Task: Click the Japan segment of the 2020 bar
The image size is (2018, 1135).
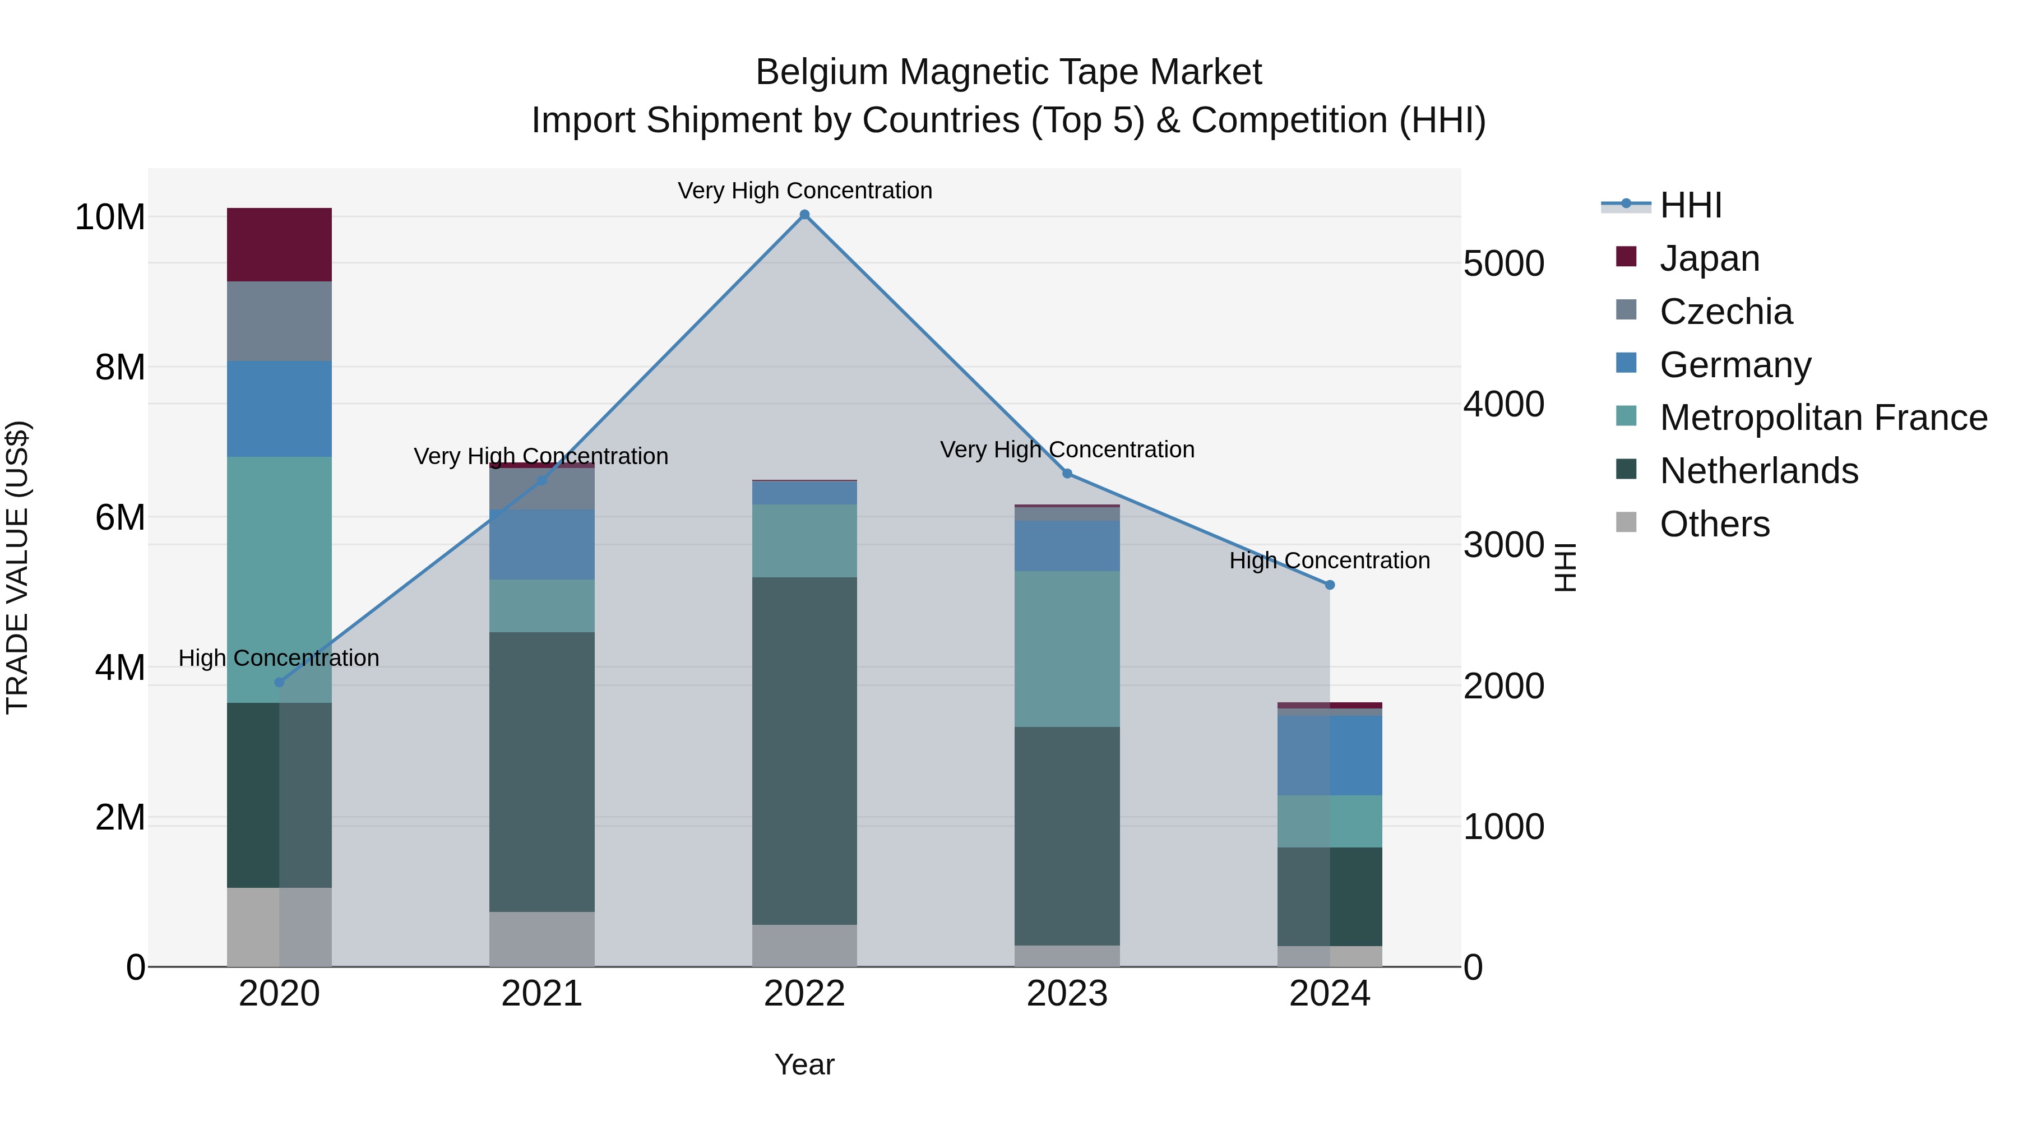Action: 279,244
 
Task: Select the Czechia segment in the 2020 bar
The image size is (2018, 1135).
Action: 279,321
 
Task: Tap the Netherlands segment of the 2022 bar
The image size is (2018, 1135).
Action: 804,751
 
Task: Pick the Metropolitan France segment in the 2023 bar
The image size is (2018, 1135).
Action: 1066,648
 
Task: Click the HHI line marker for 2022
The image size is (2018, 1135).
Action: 804,215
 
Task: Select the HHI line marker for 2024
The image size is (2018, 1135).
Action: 1330,585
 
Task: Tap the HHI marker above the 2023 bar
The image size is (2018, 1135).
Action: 1066,474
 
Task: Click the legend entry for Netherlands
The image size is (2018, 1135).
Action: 1758,471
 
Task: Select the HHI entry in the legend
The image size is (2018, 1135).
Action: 1691,205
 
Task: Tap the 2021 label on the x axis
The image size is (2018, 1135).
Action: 541,994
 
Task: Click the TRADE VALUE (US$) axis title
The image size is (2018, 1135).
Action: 17,567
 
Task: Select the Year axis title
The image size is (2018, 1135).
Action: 804,1064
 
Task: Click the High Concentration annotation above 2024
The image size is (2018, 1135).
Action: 1330,561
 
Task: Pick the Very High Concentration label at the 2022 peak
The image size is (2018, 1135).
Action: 804,191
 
